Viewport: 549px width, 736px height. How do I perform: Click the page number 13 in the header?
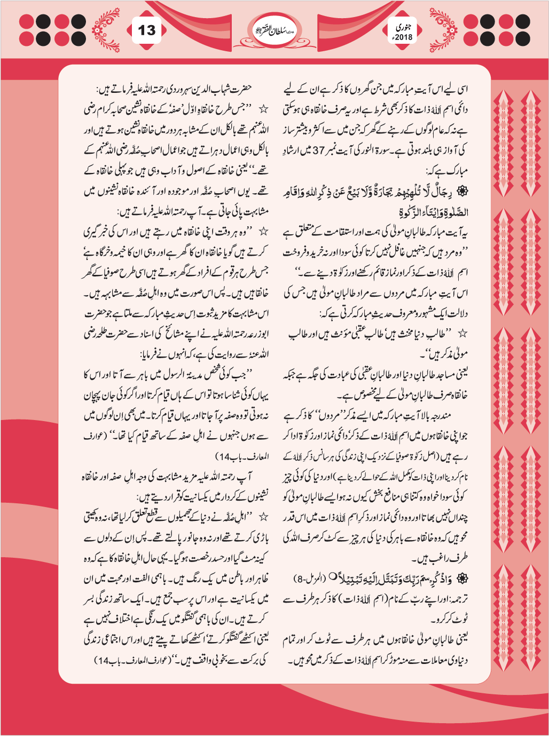click(146, 30)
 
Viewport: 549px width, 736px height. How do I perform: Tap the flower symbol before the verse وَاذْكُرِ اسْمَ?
click(464, 579)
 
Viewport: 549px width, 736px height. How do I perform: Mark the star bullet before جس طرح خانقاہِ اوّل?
click(263, 109)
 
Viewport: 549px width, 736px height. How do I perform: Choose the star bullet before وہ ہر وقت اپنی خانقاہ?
click(263, 232)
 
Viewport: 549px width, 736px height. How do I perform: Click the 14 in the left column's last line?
click(103, 660)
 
